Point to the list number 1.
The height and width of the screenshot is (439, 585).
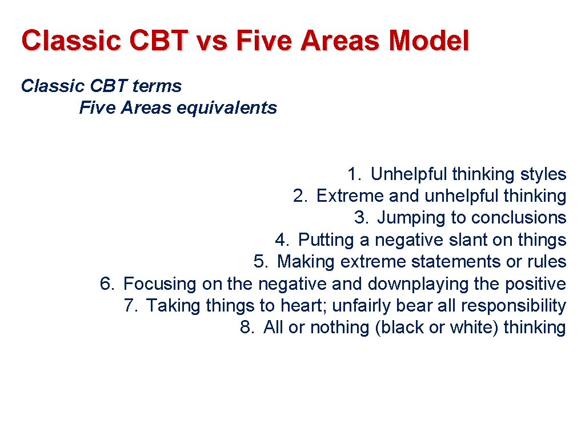[x=354, y=174]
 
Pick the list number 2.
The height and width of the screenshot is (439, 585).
[x=300, y=196]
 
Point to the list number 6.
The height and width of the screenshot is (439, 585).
[x=107, y=284]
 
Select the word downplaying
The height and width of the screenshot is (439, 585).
[x=419, y=284]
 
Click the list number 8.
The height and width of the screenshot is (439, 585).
[x=247, y=328]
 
